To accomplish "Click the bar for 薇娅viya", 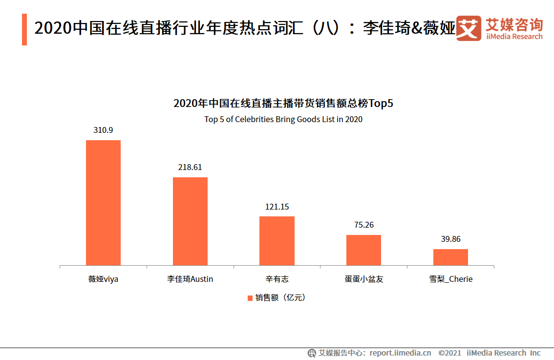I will (103, 203).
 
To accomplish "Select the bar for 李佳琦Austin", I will (190, 221).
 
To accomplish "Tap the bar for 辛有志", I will (277, 241).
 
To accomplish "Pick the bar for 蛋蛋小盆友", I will (363, 250).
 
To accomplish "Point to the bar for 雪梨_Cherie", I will (450, 257).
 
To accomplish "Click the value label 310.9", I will (103, 130).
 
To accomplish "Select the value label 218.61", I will (190, 167).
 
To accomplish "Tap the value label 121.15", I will (277, 207).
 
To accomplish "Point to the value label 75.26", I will (363, 225).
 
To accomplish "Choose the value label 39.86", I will (450, 239).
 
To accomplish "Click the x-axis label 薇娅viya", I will (103, 279).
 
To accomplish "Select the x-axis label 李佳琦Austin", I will (190, 279).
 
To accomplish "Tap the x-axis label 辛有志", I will (277, 279).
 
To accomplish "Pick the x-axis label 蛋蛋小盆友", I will (363, 279).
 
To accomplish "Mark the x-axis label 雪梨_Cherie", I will (450, 279).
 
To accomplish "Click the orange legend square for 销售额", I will (250, 298).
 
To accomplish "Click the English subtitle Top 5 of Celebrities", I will (283, 119).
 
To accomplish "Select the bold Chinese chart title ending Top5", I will (283, 104).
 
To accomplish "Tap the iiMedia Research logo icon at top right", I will (469, 29).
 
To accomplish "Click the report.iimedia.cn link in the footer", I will (400, 353).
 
